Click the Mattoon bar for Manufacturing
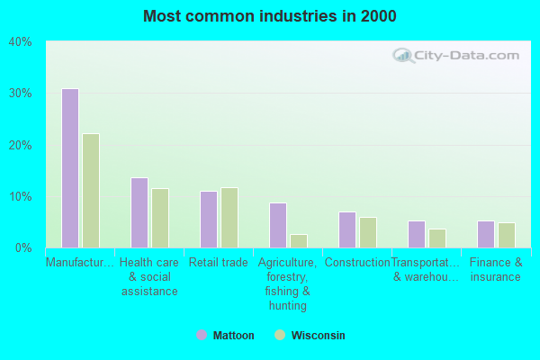[70, 168]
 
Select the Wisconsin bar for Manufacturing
[91, 191]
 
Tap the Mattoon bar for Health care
[139, 212]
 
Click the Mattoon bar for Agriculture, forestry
[278, 225]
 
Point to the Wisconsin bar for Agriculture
[299, 241]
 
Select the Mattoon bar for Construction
[347, 229]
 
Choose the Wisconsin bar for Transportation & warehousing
[437, 238]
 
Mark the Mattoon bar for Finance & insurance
[486, 234]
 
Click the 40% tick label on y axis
[20, 41]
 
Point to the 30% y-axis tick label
[20, 94]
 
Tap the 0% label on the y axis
[23, 247]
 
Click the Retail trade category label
[219, 263]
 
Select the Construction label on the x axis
[357, 263]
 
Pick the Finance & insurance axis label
[496, 270]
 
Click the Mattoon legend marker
[202, 336]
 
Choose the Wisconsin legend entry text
[318, 336]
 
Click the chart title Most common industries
[269, 16]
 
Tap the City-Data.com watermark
[454, 55]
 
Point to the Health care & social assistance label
[149, 277]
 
